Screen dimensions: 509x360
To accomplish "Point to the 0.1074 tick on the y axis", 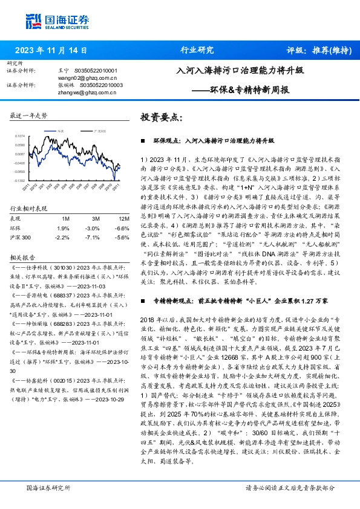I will click(x=19, y=137).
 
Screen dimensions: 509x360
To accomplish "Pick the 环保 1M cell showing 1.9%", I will click(x=63, y=228).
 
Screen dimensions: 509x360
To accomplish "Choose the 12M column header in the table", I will click(x=123, y=218).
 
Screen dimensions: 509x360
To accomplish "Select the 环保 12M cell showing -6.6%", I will click(x=122, y=228).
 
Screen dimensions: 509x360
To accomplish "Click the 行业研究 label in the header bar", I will click(x=197, y=51).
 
